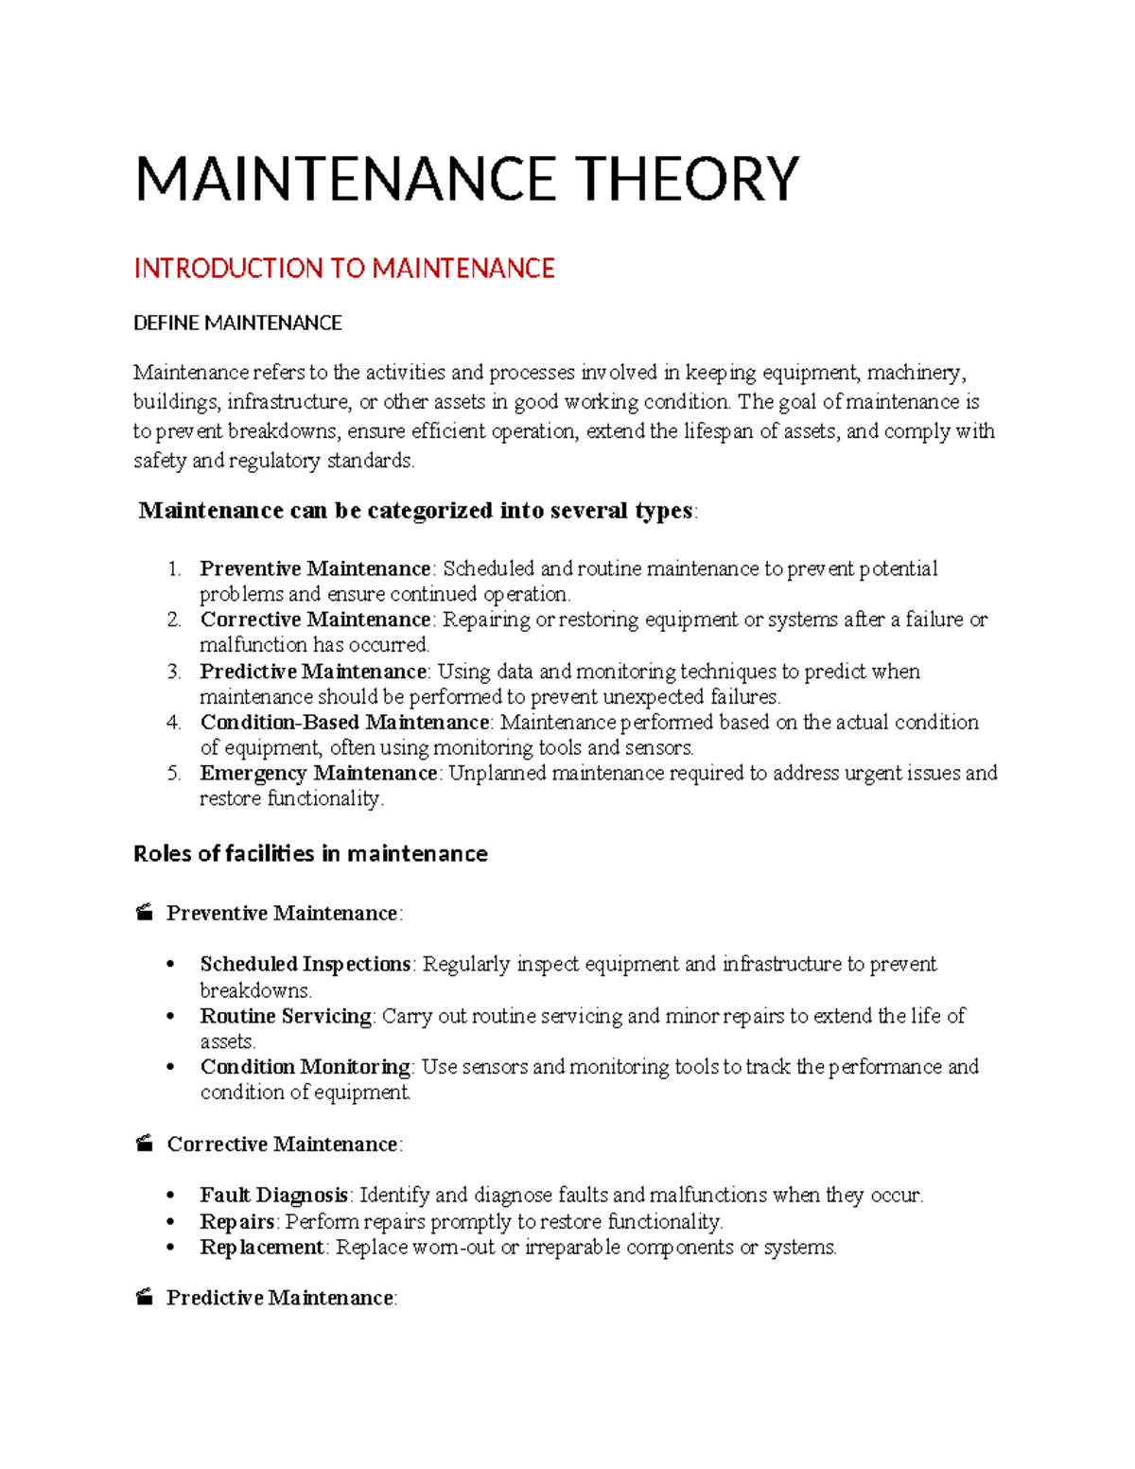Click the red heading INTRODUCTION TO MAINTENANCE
[343, 269]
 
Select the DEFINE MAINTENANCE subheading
[237, 324]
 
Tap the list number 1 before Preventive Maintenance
[173, 569]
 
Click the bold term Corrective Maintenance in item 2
[315, 620]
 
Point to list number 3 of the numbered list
[173, 672]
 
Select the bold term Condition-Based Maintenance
[344, 723]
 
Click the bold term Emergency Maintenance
[318, 774]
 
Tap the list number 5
[173, 774]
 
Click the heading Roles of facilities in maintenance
[310, 854]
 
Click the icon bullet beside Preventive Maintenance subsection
[144, 914]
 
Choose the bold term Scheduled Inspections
[305, 965]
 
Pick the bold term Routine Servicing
[286, 1016]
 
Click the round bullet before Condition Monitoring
[171, 1068]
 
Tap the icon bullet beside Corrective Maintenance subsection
[144, 1145]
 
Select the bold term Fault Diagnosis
[274, 1196]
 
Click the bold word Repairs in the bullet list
[236, 1221]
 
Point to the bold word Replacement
[262, 1248]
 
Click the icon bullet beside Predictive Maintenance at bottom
[144, 1298]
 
